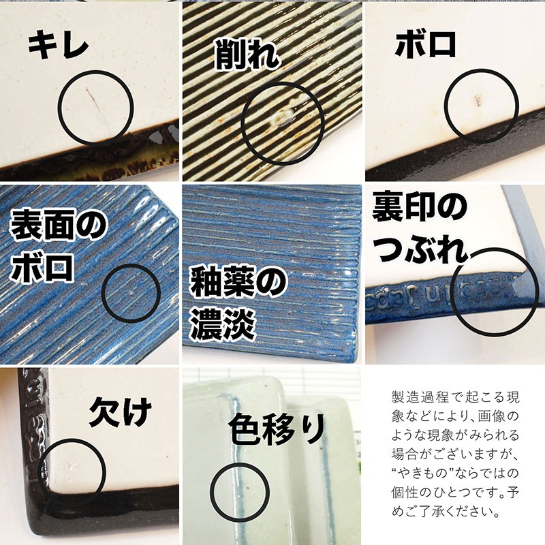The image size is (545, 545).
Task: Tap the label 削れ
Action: [247, 54]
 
